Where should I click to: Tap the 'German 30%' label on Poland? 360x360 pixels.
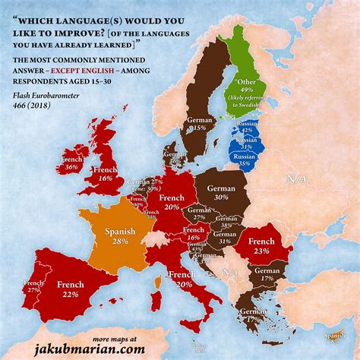coord(223,190)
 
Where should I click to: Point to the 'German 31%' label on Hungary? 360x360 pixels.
coord(225,238)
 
